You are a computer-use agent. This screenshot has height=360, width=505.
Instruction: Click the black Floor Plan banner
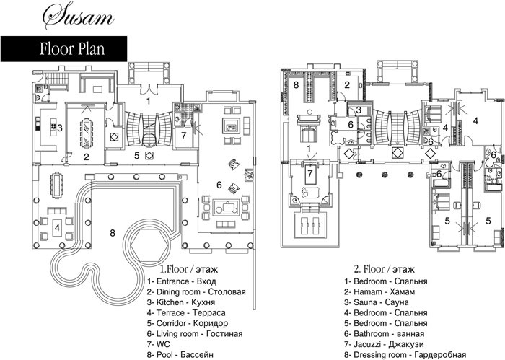(x=64, y=50)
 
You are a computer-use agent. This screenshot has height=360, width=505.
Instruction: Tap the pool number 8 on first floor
(x=112, y=232)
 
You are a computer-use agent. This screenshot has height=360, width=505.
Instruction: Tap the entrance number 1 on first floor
(x=148, y=102)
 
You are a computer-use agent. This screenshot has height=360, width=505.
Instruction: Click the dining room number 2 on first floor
(x=85, y=156)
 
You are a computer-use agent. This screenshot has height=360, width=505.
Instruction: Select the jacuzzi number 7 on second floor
(x=309, y=173)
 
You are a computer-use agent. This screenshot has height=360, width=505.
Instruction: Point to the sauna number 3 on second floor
(x=359, y=109)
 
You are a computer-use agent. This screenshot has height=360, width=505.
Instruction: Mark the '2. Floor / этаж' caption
(x=381, y=265)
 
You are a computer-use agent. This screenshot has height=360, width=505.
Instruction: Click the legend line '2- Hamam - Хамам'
(x=379, y=291)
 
